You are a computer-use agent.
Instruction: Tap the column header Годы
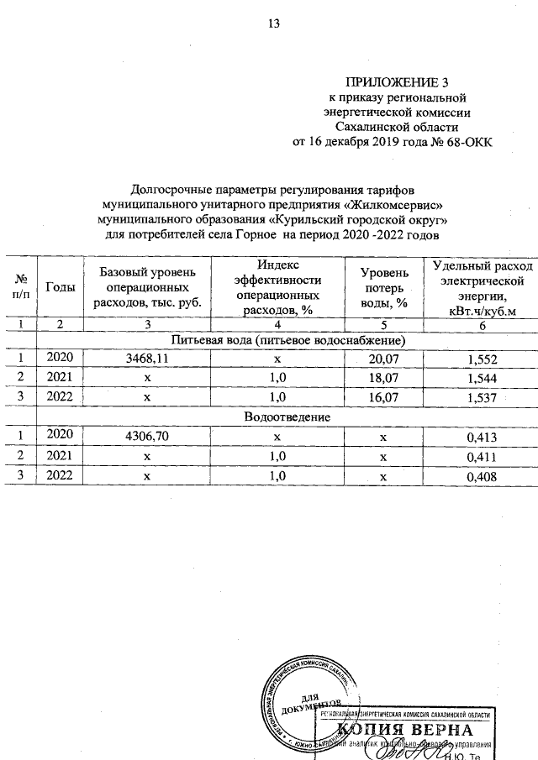click(60, 286)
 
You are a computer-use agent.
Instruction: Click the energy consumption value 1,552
click(482, 359)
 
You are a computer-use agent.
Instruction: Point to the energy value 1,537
click(482, 398)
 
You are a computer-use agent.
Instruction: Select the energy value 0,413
click(482, 436)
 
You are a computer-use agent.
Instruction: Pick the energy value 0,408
click(482, 476)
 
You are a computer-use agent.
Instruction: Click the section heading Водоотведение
click(287, 417)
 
